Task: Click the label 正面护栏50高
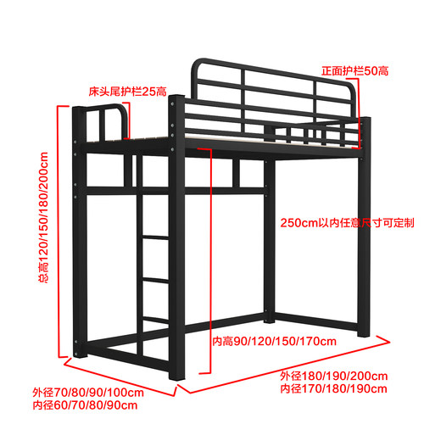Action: (354, 71)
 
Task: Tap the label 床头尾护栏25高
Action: (127, 92)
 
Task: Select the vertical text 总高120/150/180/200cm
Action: (43, 217)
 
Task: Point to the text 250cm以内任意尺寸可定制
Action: (347, 223)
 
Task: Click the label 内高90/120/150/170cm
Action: (274, 342)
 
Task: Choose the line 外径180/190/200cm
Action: (334, 376)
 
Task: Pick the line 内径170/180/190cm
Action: (334, 388)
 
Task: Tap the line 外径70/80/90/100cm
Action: (88, 393)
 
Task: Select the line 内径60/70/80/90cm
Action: (85, 405)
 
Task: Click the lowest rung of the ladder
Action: (156, 321)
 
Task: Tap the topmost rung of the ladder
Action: (155, 237)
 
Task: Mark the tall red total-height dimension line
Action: (59, 232)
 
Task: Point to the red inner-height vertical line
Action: (210, 260)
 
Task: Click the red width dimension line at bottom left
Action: (120, 377)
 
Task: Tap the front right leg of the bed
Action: (364, 226)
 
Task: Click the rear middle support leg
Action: (270, 240)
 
